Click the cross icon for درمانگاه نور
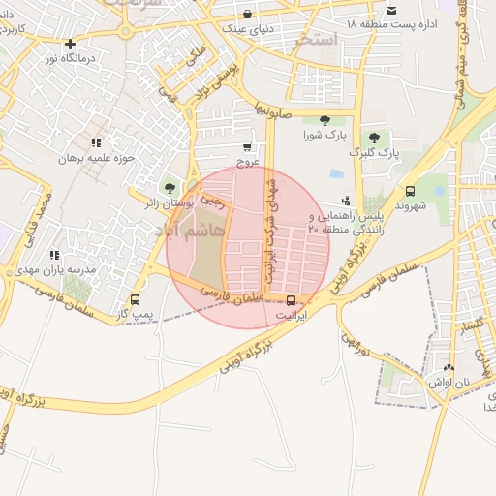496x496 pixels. (x=70, y=44)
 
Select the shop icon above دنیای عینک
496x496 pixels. (x=249, y=15)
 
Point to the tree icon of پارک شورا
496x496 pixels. (x=325, y=120)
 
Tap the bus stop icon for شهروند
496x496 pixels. (x=410, y=192)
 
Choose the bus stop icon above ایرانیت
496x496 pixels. (x=291, y=299)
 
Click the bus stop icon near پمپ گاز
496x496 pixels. (x=135, y=300)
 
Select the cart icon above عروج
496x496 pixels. (x=249, y=147)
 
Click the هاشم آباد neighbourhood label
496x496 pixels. (x=174, y=231)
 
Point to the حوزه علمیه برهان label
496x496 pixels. (x=96, y=158)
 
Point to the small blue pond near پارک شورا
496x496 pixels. (x=336, y=174)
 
